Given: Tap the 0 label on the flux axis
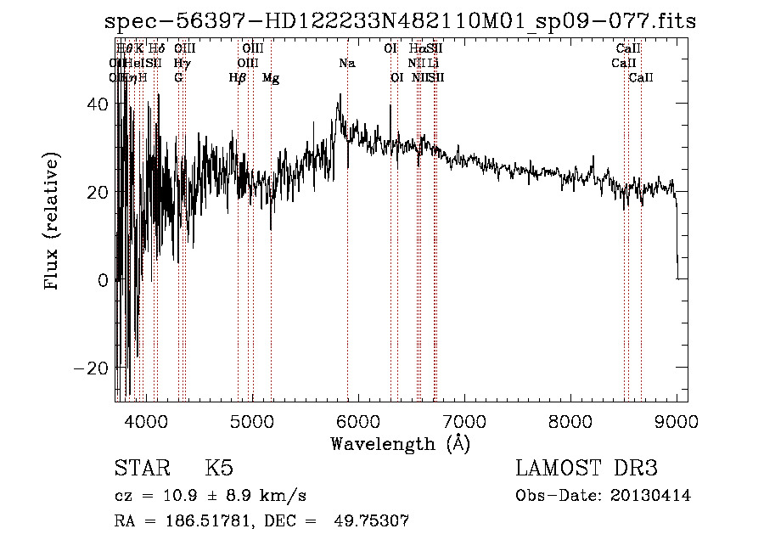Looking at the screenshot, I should [102, 280].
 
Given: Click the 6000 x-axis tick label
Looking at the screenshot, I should [358, 421].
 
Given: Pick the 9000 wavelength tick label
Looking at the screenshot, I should [677, 421].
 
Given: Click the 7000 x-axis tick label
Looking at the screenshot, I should [464, 421].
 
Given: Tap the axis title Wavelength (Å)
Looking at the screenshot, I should [400, 443].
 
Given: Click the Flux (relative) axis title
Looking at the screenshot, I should [53, 222].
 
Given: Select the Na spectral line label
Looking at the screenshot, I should [346, 63].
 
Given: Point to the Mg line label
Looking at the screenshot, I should [271, 78].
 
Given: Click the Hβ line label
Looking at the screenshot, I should [238, 78].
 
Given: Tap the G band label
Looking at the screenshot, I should [178, 78].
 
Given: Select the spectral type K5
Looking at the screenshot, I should [218, 469].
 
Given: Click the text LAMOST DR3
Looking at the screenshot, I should [587, 469].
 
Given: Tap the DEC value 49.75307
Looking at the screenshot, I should [374, 521].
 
